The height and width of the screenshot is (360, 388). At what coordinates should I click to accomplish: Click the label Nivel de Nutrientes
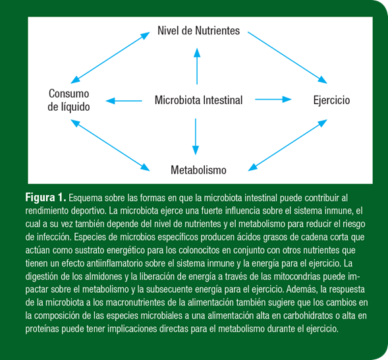tap(198, 31)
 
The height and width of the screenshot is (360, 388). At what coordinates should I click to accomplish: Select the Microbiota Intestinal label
tap(198, 100)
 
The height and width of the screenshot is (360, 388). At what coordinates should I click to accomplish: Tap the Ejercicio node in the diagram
tap(331, 100)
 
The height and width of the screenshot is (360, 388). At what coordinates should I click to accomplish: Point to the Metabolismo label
tap(198, 170)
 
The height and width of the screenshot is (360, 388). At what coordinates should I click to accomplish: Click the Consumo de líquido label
tap(69, 100)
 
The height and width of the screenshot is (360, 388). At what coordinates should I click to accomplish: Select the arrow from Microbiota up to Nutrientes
tap(197, 66)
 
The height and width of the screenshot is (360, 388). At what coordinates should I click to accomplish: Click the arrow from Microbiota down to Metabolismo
tap(196, 136)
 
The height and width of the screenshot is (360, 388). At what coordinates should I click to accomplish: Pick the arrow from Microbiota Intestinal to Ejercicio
tap(273, 100)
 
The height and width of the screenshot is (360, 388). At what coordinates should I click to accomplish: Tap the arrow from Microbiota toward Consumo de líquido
tap(124, 101)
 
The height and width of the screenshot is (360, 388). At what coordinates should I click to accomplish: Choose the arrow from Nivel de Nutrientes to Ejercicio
tap(287, 57)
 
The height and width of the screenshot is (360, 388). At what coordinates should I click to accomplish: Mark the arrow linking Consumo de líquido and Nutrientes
tap(110, 57)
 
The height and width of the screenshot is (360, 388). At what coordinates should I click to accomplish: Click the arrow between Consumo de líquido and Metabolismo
tap(110, 145)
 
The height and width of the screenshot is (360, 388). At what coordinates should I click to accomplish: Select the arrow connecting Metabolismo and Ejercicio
tap(287, 145)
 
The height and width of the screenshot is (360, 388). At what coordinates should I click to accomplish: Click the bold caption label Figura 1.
tap(45, 198)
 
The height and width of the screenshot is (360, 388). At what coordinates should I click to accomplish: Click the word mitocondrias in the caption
tap(297, 276)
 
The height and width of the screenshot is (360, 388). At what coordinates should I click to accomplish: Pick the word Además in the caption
tap(302, 289)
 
